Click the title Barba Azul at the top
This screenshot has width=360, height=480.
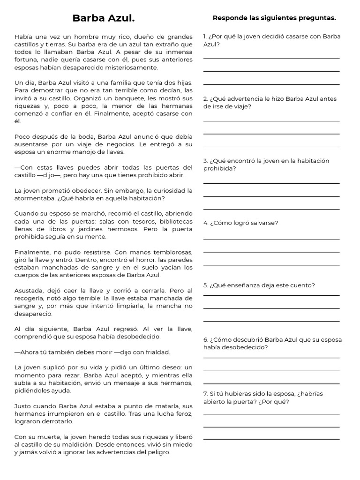[x=104, y=18]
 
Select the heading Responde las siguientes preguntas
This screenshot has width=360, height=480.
[x=274, y=18]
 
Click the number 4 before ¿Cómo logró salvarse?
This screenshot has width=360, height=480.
[x=205, y=223]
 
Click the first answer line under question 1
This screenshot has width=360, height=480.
[x=271, y=59]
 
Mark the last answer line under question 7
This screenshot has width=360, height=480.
[x=271, y=439]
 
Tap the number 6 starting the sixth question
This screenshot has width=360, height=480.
[x=205, y=339]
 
